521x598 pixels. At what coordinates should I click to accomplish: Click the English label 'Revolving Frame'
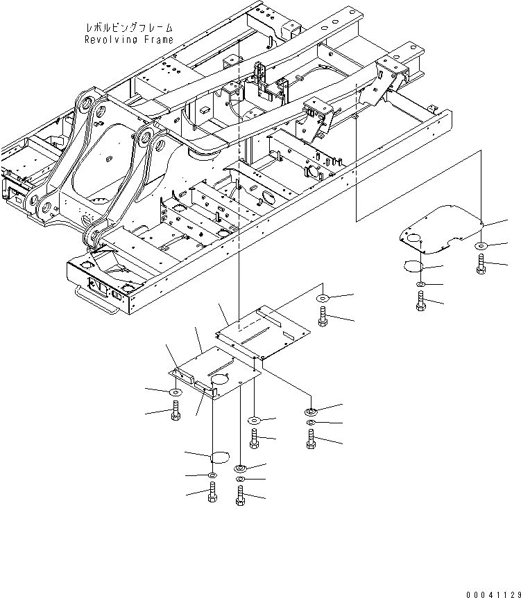(x=129, y=39)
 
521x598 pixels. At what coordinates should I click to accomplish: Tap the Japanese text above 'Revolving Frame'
(x=129, y=28)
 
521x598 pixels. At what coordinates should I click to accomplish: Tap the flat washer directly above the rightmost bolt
(x=481, y=247)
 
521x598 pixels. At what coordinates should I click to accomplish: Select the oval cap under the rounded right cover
(x=415, y=267)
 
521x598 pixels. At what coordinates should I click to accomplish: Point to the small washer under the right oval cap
(x=422, y=285)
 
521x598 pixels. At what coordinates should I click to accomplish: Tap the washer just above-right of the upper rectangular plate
(x=323, y=299)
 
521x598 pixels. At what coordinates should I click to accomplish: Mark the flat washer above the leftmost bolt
(x=175, y=393)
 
